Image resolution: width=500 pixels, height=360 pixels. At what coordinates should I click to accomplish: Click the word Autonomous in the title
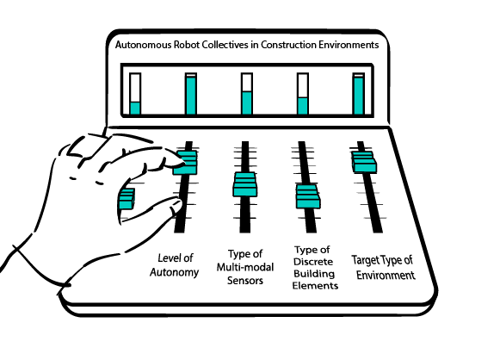tap(143, 45)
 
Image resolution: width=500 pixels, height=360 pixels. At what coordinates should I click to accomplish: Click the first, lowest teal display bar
tap(135, 109)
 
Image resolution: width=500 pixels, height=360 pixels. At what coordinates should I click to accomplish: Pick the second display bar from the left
tap(191, 96)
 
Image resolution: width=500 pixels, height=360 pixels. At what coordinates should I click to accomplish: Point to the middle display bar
tap(247, 102)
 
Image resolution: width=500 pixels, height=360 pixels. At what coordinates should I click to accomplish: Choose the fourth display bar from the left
tap(303, 106)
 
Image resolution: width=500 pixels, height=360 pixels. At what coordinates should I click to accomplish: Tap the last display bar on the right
tap(358, 96)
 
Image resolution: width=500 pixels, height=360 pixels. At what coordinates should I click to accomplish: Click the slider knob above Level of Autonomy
tap(185, 163)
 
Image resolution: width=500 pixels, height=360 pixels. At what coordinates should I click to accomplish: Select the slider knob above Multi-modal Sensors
tap(245, 184)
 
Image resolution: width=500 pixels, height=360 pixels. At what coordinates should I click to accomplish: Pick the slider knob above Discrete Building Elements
tap(308, 196)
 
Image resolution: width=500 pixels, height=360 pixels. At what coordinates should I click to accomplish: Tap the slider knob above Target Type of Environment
tap(364, 162)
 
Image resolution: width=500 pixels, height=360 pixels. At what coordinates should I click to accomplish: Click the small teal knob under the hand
tap(127, 198)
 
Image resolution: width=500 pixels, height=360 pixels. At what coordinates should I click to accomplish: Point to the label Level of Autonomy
tap(175, 265)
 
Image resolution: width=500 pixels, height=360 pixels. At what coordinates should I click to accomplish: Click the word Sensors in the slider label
tap(245, 281)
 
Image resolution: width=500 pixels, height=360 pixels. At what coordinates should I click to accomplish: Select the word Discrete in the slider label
tap(313, 262)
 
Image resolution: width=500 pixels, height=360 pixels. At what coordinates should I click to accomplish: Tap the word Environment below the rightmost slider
tap(386, 275)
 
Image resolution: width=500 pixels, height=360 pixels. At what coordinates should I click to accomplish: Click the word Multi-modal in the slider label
tap(245, 267)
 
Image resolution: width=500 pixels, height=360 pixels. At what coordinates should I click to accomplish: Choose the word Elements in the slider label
tap(315, 285)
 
